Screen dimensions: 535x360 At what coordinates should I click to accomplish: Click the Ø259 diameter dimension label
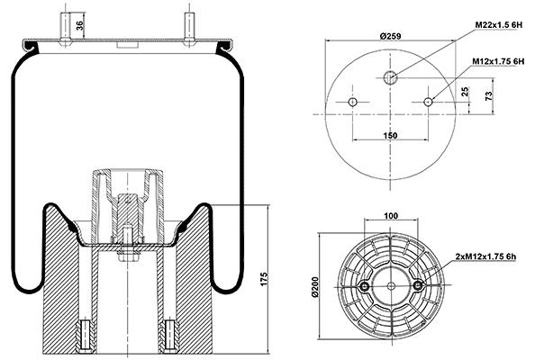[x=391, y=36]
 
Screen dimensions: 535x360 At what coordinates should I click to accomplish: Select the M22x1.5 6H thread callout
[x=499, y=25]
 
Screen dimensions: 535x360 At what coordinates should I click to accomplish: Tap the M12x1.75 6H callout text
[x=498, y=61]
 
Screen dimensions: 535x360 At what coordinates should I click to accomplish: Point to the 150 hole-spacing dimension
[x=390, y=135]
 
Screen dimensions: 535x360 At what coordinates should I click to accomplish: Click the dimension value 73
[x=489, y=95]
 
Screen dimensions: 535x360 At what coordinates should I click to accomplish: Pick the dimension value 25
[x=465, y=92]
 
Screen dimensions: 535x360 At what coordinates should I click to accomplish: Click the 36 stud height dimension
[x=79, y=25]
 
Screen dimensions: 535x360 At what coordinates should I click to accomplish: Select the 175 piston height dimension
[x=265, y=279]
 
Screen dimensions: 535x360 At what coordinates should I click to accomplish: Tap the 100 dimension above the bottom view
[x=391, y=216]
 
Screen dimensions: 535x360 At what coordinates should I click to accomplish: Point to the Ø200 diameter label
[x=314, y=287]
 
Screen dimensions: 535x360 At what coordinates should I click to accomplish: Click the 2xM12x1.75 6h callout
[x=485, y=256]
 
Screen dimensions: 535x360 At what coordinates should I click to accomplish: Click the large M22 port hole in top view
[x=390, y=77]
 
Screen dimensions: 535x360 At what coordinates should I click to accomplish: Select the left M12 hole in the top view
[x=352, y=102]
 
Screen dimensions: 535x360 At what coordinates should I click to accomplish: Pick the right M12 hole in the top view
[x=428, y=102]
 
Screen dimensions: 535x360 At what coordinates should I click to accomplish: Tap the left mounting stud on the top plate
[x=65, y=29]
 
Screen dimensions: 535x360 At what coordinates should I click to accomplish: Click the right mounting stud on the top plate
[x=189, y=29]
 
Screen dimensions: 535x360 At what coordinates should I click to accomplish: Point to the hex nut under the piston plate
[x=128, y=256]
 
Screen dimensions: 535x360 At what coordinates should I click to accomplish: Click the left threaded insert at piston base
[x=85, y=336]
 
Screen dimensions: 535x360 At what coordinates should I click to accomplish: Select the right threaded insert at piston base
[x=169, y=336]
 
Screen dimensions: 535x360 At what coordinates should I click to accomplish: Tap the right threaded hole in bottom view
[x=418, y=285]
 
